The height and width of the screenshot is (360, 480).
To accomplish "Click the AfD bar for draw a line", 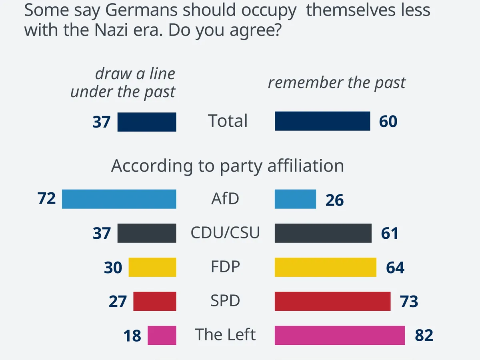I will [119, 199].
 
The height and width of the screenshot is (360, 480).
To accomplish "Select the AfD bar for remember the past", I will [295, 199].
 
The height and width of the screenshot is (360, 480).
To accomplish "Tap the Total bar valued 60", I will [322, 121].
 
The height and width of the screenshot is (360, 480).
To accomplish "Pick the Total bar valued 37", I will [147, 122].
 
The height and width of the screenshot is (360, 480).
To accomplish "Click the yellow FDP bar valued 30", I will [152, 267].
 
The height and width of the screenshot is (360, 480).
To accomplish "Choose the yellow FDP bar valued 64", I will [325, 267].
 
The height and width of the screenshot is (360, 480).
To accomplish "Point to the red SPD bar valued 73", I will [332, 301].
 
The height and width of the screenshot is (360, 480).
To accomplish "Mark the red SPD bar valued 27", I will [154, 301].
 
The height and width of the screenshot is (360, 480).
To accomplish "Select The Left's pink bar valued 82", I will [340, 335].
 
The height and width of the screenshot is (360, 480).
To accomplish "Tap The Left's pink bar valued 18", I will [162, 335].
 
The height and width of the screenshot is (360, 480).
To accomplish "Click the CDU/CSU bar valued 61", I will [323, 233].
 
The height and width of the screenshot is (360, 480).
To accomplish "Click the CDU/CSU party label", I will [225, 232].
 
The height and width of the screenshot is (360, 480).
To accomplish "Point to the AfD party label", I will [225, 198].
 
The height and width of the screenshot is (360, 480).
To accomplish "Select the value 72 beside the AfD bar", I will [46, 198].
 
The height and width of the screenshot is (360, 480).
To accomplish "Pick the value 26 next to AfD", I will [334, 200].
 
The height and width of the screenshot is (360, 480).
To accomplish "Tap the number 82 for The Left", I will [424, 336].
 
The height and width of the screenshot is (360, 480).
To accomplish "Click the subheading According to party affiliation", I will [227, 166].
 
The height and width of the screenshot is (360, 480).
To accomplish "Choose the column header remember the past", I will [336, 82].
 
